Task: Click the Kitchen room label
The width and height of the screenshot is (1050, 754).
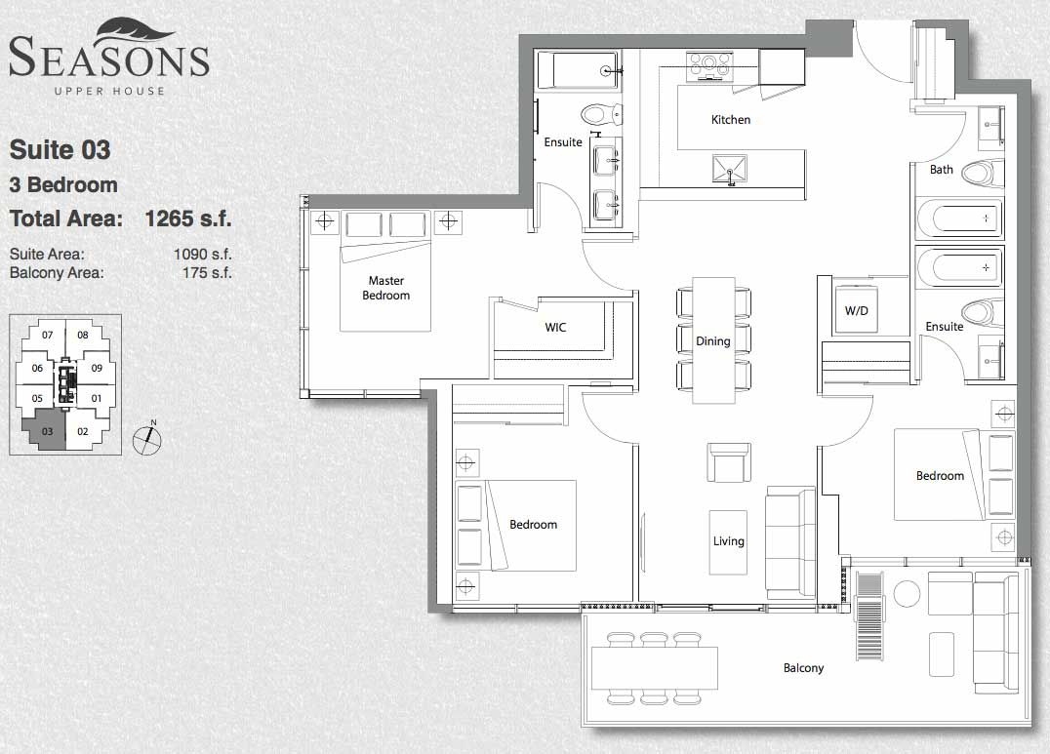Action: pos(731,120)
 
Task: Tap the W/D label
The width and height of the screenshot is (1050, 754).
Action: pos(856,311)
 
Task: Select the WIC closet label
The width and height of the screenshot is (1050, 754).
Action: pos(555,328)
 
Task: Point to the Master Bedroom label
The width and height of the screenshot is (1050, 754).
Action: pos(385,288)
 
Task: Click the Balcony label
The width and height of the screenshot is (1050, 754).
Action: pos(803,668)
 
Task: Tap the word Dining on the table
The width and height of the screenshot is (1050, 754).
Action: pos(712,341)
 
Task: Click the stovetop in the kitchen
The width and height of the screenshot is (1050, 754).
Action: pos(709,66)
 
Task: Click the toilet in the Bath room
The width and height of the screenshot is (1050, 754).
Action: pos(983,174)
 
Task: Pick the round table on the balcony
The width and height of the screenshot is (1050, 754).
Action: pos(907,594)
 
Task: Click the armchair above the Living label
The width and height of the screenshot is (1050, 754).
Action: pos(729,462)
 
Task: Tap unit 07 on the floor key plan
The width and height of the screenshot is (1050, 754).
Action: pos(47,335)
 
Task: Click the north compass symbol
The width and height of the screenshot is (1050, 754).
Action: pos(147,439)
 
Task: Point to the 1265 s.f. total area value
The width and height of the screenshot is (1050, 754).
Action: pos(188,218)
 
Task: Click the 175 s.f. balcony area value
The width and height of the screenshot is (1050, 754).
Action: pos(207,273)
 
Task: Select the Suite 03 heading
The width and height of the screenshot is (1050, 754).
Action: pos(60,150)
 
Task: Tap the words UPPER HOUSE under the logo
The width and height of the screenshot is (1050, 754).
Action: pos(109,91)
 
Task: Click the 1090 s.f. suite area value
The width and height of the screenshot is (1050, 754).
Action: pos(203,255)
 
